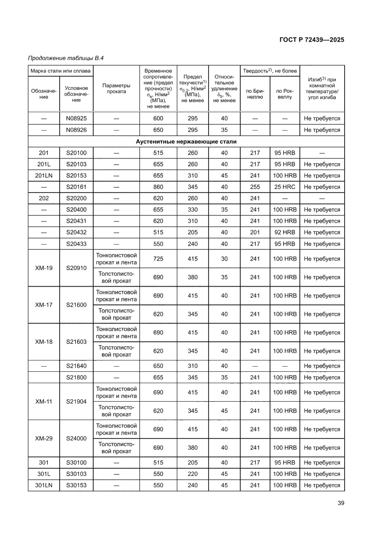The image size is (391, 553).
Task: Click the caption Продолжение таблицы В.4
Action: pos(66,58)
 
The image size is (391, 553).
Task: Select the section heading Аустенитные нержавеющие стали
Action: pos(186,141)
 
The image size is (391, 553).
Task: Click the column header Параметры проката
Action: pos(116,88)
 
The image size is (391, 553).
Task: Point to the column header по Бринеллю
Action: pos(255,93)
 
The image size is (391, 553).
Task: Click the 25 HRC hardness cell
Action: pos(285,187)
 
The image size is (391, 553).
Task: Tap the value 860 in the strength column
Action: pos(158,187)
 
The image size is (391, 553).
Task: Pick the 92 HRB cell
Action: pos(285,232)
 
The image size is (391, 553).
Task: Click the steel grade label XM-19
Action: pos(43,268)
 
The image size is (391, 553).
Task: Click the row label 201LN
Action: pos(43,176)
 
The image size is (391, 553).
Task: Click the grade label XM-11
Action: pos(43,401)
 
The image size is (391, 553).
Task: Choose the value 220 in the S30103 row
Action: pos(192,474)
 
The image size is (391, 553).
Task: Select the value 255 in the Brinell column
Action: pos(255,187)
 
